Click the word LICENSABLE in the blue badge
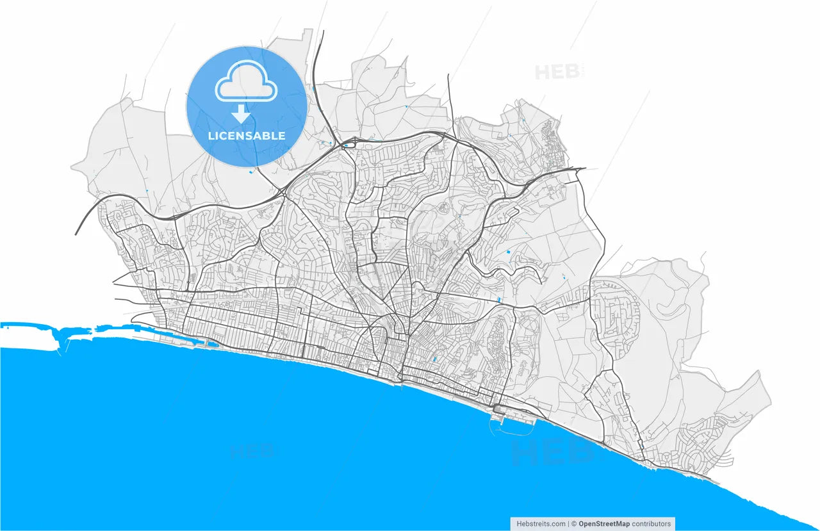pos(247,136)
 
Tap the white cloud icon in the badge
pos(247,83)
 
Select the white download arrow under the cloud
pos(241,114)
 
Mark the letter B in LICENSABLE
pos(269,136)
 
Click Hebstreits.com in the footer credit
pos(541,523)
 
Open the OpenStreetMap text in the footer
pos(603,523)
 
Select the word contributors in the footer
pos(652,523)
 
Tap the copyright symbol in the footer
pos(574,523)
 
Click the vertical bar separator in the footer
pos(568,523)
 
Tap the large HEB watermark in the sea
pos(552,453)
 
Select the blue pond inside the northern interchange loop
pos(346,145)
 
